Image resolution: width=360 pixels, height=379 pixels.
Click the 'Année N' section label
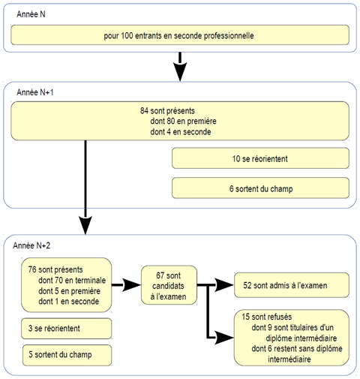31,14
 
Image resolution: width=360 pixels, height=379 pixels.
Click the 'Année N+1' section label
35,92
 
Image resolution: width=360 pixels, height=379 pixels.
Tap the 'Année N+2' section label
31,245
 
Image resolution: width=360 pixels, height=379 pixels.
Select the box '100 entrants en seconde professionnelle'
180,35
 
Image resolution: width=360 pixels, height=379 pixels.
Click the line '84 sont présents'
167,110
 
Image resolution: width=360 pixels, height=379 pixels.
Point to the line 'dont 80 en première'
183,121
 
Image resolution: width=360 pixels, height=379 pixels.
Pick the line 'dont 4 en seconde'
181,131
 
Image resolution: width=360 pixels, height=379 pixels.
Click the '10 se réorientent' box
260,158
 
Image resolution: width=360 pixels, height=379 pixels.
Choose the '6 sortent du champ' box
260,188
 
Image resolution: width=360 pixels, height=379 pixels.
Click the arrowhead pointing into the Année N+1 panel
180,71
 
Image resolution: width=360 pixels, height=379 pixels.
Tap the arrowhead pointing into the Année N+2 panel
85,225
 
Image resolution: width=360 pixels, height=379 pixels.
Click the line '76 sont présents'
55,269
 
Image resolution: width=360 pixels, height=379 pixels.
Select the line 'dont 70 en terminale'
72,280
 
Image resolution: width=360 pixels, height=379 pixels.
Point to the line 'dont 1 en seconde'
69,301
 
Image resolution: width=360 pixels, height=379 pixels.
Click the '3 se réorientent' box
67,329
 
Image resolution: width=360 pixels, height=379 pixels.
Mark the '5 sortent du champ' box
67,355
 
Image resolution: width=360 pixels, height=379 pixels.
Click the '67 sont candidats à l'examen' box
169,285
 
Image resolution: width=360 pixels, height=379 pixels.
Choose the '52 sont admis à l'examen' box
292,285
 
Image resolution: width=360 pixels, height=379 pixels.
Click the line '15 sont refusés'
267,317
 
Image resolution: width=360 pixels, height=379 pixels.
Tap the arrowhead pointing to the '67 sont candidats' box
131,284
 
